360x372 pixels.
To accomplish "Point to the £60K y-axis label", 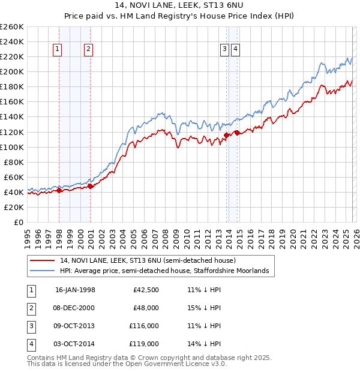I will tap(13, 177).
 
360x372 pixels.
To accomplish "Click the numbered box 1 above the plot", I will tap(58, 50).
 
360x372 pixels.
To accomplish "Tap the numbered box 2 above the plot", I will tap(88, 50).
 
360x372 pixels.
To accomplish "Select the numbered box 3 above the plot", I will tap(224, 50).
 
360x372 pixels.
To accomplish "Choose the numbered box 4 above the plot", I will tap(235, 50).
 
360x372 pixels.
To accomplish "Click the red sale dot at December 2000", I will tap(90, 186).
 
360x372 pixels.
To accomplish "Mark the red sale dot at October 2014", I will tap(237, 133).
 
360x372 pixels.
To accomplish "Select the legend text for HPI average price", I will tap(164, 271).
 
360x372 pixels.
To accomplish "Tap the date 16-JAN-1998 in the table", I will tap(75, 290).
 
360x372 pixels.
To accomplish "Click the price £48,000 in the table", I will tap(146, 308).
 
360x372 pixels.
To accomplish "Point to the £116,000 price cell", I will tap(144, 326).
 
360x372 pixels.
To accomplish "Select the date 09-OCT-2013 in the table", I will tap(75, 326).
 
